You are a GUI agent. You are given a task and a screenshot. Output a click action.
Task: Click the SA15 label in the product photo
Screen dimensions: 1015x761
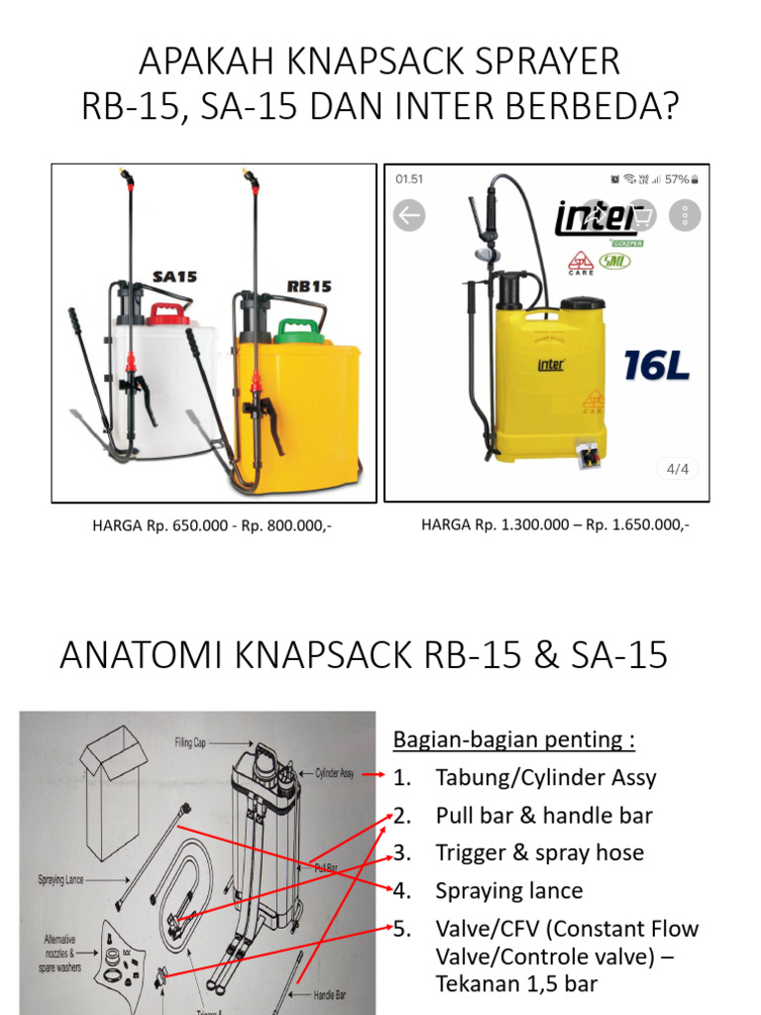(174, 278)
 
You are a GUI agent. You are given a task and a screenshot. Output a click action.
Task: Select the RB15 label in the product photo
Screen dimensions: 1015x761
(309, 286)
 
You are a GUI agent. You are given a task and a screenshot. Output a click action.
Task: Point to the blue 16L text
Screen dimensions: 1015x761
(655, 366)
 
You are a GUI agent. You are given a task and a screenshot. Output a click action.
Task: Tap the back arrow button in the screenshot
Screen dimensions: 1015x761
(409, 214)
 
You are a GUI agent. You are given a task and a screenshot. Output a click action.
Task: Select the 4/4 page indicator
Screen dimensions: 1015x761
(677, 469)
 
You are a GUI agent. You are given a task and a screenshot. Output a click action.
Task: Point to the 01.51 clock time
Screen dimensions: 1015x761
(409, 179)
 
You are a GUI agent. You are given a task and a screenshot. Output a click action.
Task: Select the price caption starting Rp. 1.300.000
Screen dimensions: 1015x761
(555, 524)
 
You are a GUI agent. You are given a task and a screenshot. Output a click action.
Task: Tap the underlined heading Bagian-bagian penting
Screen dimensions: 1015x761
(513, 740)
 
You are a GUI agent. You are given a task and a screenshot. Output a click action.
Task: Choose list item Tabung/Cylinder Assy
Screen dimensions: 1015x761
(545, 778)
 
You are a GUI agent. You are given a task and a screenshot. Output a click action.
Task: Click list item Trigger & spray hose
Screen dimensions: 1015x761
(539, 853)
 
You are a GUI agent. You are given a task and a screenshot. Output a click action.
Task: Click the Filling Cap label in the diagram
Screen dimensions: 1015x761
(195, 740)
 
